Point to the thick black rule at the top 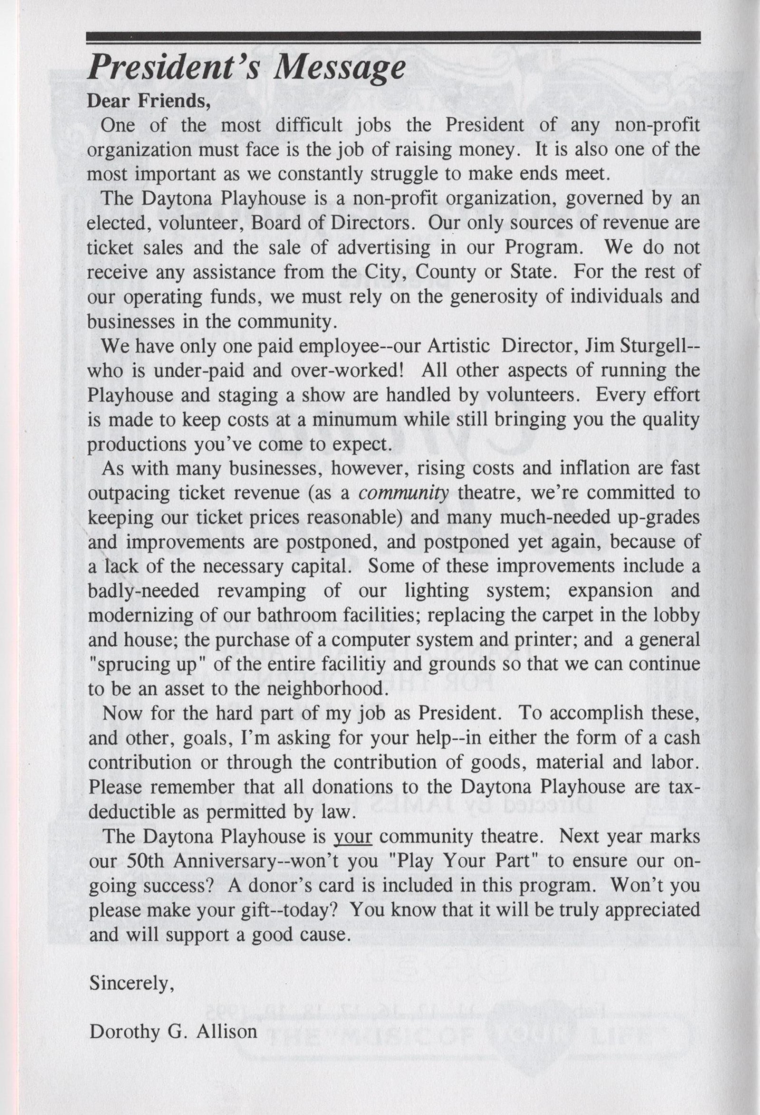click(x=393, y=37)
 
